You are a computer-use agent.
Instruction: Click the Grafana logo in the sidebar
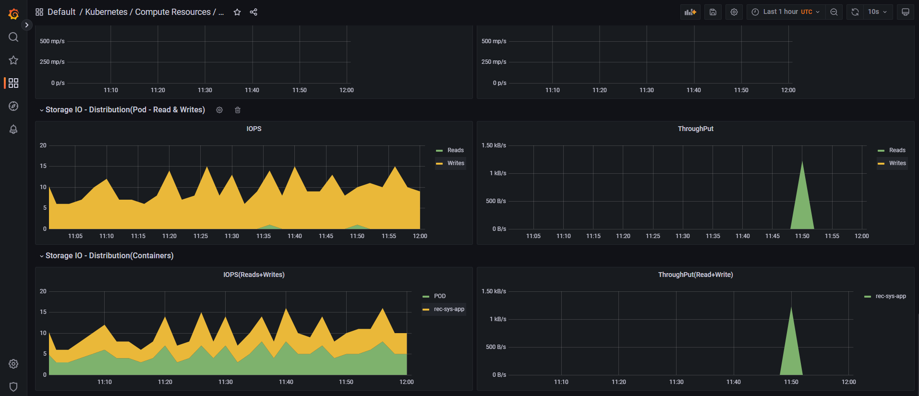coord(13,13)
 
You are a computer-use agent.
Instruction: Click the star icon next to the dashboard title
coord(237,12)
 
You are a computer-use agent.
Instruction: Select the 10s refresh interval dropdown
coord(877,12)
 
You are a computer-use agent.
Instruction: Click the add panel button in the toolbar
coord(690,12)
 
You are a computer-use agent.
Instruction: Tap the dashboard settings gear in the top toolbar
coord(734,12)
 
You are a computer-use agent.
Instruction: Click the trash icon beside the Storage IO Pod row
coord(238,110)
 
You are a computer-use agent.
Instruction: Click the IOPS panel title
coord(254,129)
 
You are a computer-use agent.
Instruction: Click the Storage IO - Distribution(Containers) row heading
coord(109,255)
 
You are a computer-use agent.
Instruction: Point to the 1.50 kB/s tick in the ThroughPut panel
coord(494,145)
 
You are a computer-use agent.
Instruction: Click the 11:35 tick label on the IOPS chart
coord(263,236)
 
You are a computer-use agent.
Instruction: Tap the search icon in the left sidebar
coord(13,37)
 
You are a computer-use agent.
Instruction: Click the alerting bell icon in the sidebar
coord(13,129)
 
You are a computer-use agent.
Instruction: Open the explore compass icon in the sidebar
coord(13,106)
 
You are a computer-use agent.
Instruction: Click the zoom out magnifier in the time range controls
coord(834,12)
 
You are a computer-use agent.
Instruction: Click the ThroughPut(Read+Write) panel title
coord(695,275)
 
